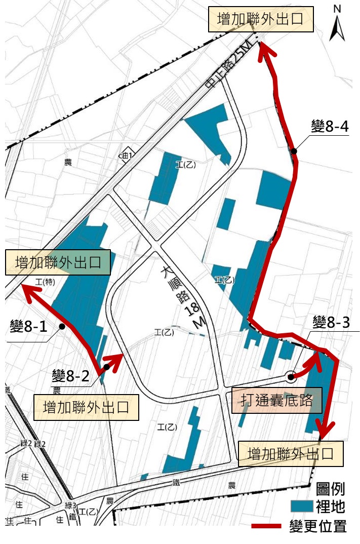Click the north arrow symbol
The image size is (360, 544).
[x=337, y=24]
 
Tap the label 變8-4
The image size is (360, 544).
[x=330, y=126]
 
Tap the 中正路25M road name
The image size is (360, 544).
[x=229, y=66]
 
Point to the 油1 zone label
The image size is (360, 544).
[x=126, y=156]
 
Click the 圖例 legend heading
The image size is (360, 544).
[x=331, y=489]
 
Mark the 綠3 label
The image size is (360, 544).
[x=70, y=506]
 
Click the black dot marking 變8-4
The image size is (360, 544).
[x=294, y=150]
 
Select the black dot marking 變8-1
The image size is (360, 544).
[x=62, y=327]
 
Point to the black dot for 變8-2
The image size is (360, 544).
[x=106, y=366]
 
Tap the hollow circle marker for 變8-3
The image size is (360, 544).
[x=290, y=376]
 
